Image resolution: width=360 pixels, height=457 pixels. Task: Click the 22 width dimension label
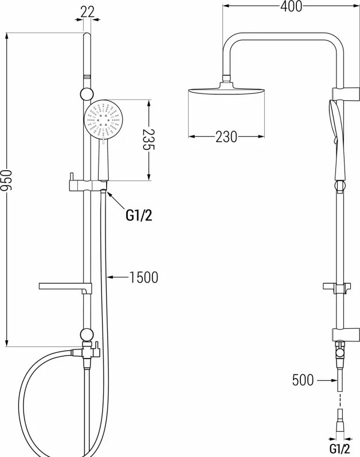coord(88,11)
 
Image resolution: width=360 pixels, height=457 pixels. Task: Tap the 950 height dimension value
coord(6,180)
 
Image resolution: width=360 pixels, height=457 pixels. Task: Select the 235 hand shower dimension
coord(149,140)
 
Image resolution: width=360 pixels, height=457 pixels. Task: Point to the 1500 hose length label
coord(143,277)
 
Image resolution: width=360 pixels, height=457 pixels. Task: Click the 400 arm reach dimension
coord(291,6)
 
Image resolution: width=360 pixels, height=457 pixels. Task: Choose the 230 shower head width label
coord(226,137)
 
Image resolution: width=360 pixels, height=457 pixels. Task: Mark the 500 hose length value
coord(303,380)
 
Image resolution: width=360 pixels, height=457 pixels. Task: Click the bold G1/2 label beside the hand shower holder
coord(139,215)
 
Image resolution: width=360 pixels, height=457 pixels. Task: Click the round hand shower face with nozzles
coord(103,119)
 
